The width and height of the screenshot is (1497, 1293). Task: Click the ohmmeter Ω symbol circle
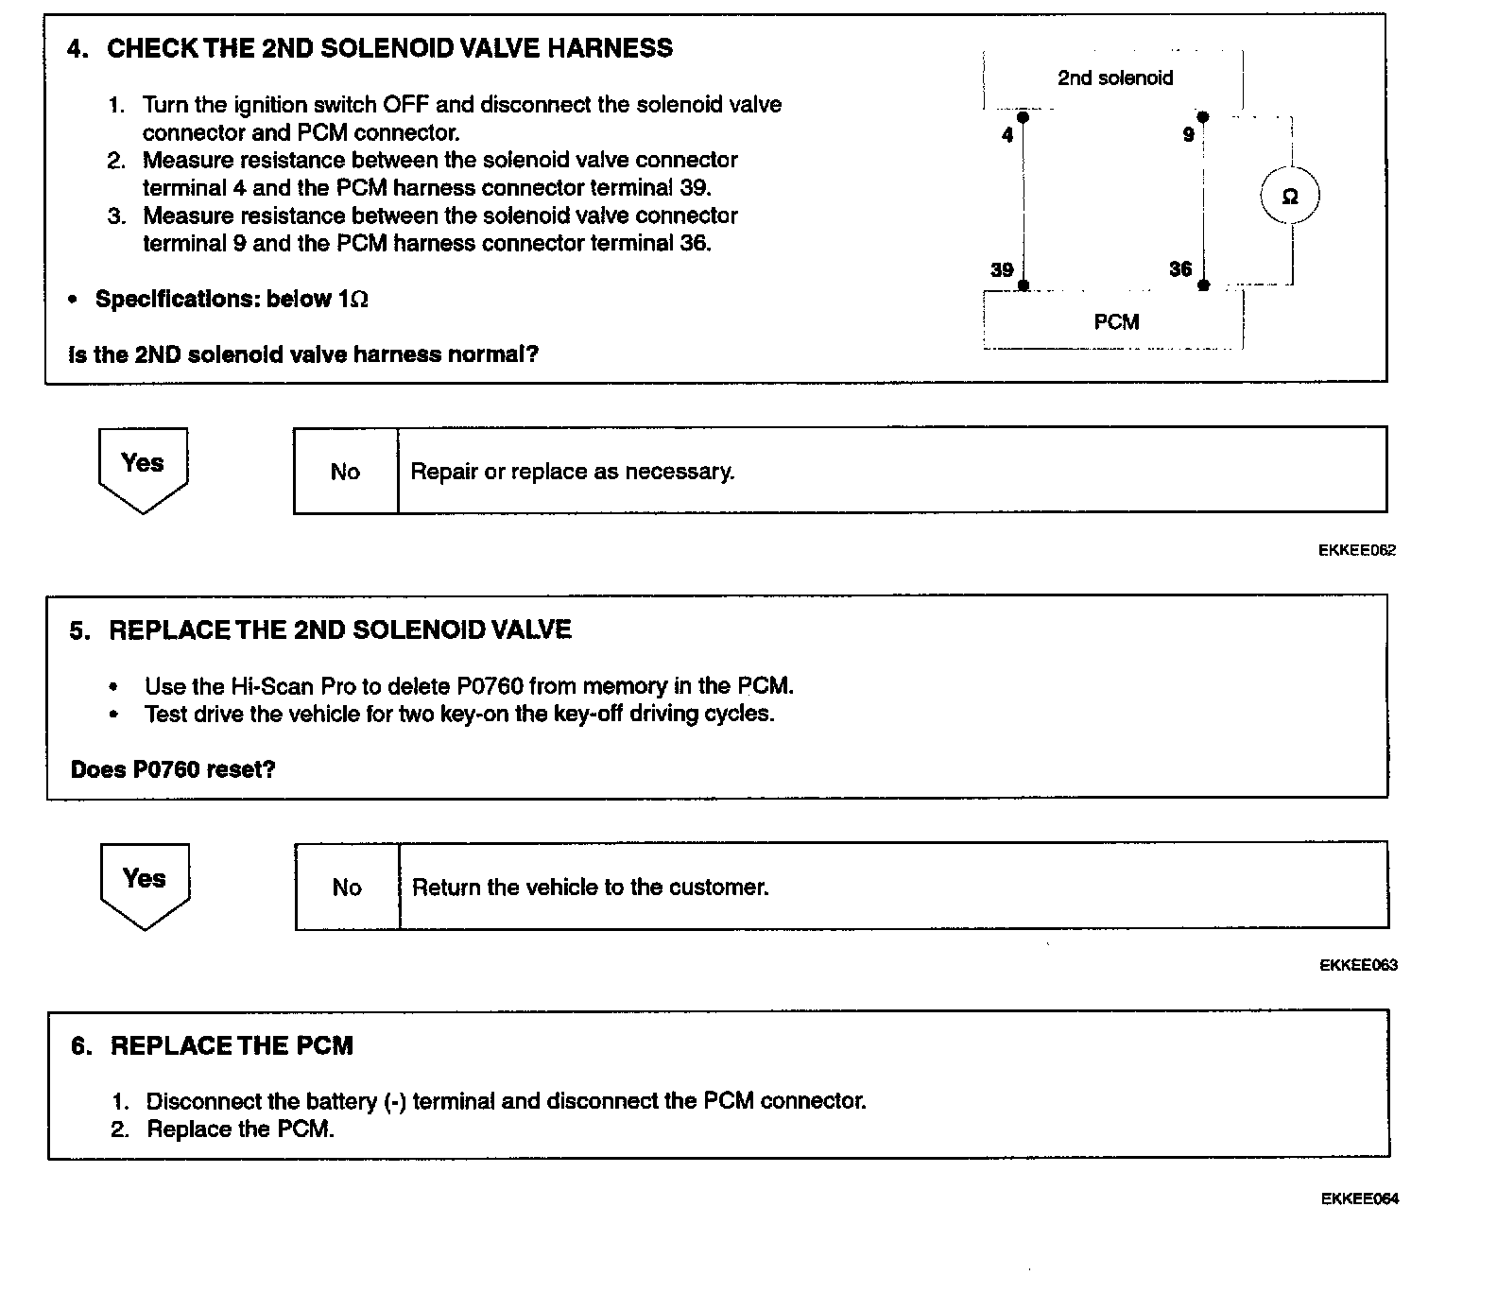click(x=1289, y=197)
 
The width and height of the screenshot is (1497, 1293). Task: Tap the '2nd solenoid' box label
click(x=1115, y=78)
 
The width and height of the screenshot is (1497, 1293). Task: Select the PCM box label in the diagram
click(x=1116, y=322)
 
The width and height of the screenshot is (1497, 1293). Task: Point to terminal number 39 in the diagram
click(x=1002, y=270)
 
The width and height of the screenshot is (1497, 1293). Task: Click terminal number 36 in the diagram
click(x=1180, y=269)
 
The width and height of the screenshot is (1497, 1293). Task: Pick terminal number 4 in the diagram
click(x=1007, y=135)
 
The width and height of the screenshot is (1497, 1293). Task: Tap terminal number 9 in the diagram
click(x=1189, y=135)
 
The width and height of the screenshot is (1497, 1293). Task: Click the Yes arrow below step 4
click(x=143, y=469)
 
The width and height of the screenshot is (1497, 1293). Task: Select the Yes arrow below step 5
click(x=145, y=885)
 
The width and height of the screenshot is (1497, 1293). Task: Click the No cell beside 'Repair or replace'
click(x=345, y=472)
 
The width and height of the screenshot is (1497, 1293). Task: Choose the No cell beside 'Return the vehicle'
click(x=347, y=888)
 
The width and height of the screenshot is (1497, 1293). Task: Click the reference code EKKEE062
click(x=1357, y=550)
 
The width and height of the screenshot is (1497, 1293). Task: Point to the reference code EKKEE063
click(x=1358, y=965)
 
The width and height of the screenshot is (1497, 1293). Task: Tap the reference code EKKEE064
click(x=1359, y=1199)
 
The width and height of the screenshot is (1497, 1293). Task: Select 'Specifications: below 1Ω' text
click(x=232, y=300)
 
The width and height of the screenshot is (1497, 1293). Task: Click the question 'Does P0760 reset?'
click(x=173, y=769)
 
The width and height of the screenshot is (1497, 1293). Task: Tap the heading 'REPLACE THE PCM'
click(x=232, y=1046)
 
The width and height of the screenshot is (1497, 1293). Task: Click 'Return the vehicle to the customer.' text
click(x=591, y=888)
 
